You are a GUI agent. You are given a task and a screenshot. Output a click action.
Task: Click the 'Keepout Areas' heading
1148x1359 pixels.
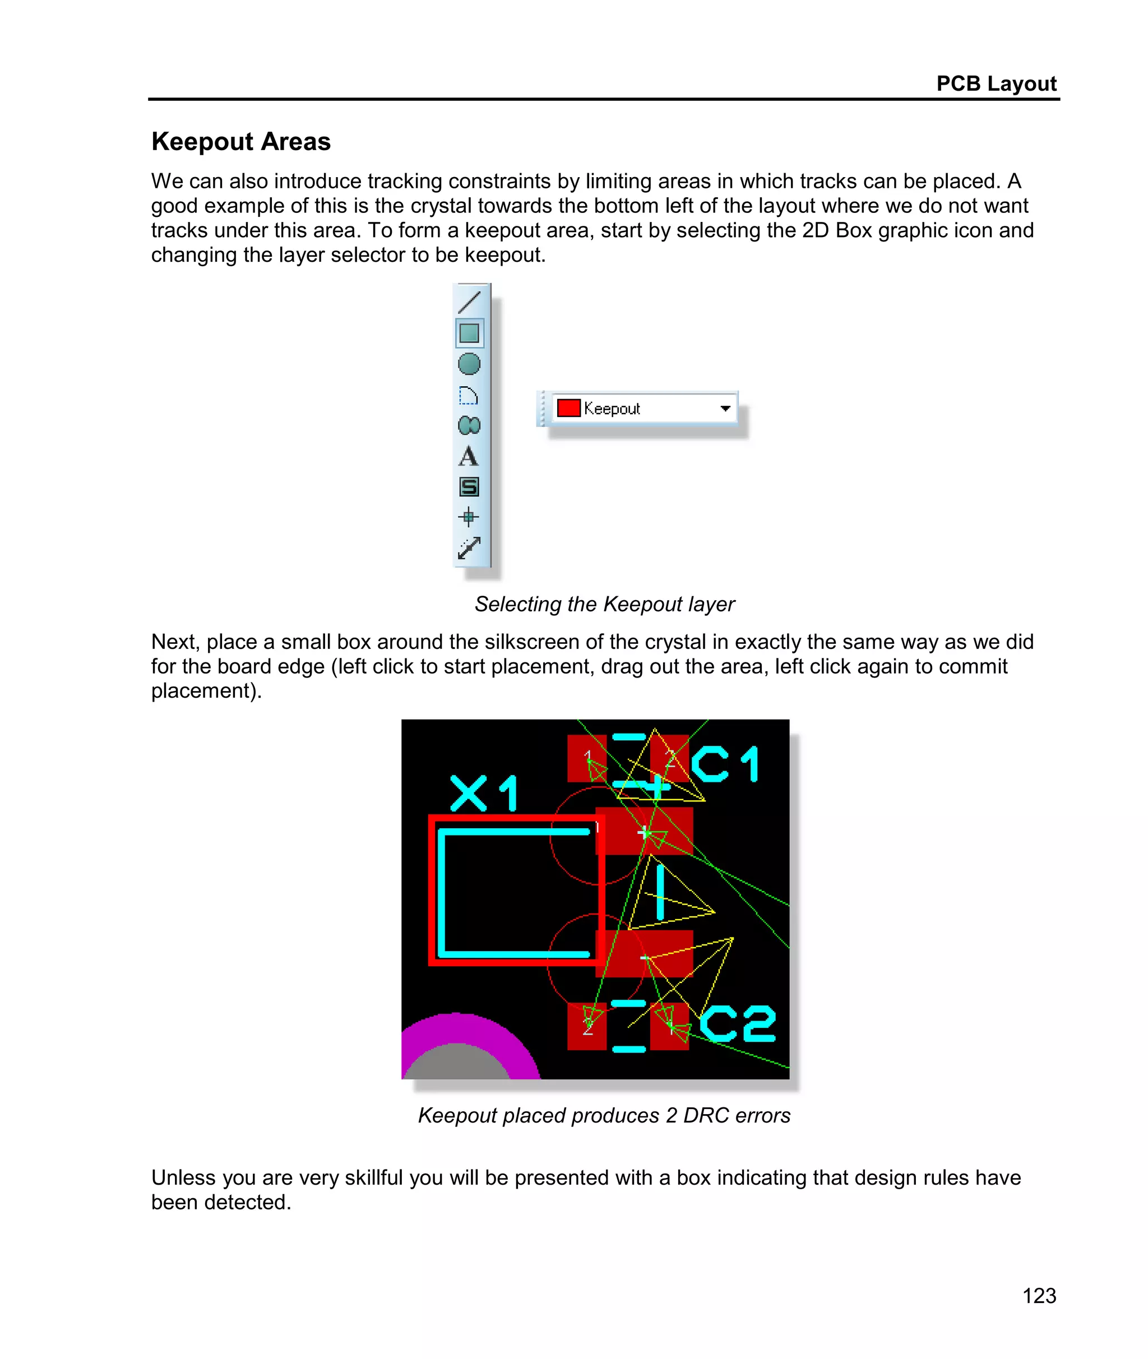tap(241, 142)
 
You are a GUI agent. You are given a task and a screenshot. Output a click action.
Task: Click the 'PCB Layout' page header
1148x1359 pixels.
tap(996, 84)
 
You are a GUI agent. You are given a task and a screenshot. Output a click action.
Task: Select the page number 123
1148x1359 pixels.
tap(1039, 1295)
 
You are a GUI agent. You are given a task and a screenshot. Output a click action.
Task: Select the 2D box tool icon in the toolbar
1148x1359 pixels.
tap(469, 333)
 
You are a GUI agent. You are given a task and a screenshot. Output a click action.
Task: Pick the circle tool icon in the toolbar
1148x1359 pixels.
tap(469, 364)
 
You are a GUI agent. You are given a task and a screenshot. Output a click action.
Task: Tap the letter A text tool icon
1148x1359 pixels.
tap(469, 457)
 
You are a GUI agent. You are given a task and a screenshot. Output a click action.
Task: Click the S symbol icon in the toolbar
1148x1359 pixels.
tap(469, 486)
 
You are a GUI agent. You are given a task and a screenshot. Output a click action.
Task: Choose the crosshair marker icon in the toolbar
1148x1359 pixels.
tap(469, 517)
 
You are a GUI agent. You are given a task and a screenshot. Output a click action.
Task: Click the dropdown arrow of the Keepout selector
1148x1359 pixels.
tap(725, 409)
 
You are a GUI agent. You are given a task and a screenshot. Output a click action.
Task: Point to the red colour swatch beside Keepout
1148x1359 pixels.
tap(568, 408)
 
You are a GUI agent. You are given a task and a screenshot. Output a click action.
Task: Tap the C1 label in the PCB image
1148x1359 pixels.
tap(725, 764)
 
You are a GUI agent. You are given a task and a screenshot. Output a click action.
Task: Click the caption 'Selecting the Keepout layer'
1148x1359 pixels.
tap(604, 604)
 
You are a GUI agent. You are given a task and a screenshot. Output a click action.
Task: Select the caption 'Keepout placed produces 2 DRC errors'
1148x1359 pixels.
tap(604, 1115)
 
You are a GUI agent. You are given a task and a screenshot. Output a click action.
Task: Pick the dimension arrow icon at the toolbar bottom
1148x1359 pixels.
tap(469, 548)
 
